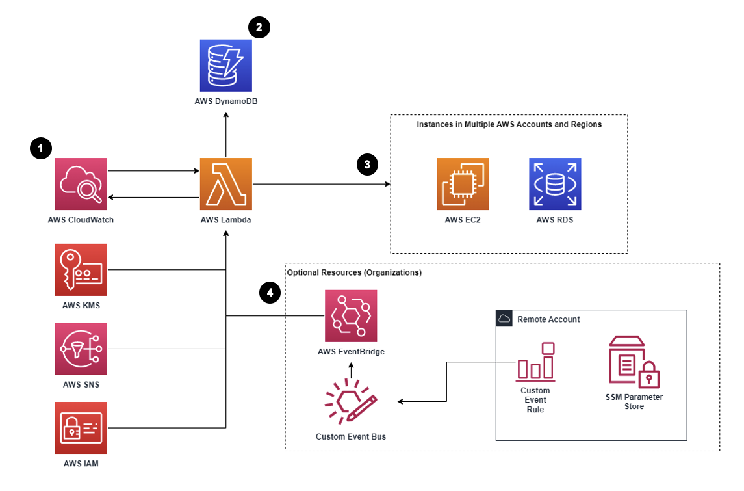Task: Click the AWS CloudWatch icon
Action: pyautogui.click(x=81, y=184)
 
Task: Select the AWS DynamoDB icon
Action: pyautogui.click(x=226, y=64)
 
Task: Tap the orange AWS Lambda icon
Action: pyautogui.click(x=226, y=184)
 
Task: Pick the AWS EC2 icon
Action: pyautogui.click(x=463, y=184)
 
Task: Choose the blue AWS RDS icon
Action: pyautogui.click(x=554, y=184)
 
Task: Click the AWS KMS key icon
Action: pyautogui.click(x=81, y=270)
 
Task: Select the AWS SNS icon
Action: pyautogui.click(x=81, y=349)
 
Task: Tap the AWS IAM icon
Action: pyautogui.click(x=81, y=428)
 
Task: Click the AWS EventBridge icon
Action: pyautogui.click(x=351, y=316)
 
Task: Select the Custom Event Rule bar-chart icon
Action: pyautogui.click(x=535, y=362)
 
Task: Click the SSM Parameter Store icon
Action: pyautogui.click(x=634, y=362)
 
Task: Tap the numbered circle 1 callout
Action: pyautogui.click(x=41, y=149)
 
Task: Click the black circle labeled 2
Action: pyautogui.click(x=259, y=27)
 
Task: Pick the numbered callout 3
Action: pyautogui.click(x=367, y=165)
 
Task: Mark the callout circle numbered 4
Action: pyautogui.click(x=270, y=293)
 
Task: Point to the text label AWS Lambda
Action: pyautogui.click(x=226, y=220)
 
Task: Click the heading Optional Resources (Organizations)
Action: pyautogui.click(x=354, y=272)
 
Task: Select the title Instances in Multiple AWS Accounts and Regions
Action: pyautogui.click(x=509, y=124)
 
